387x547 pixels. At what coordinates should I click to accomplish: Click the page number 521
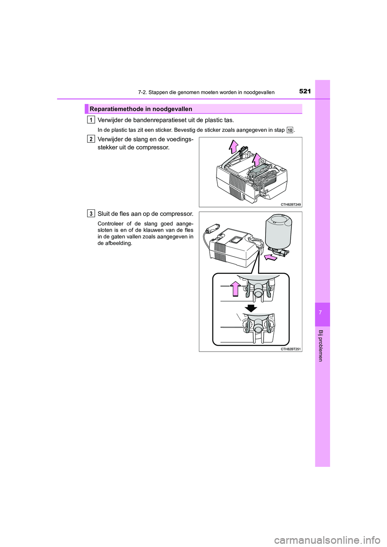click(x=305, y=91)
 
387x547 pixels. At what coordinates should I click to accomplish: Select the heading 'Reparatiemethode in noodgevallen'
click(x=141, y=109)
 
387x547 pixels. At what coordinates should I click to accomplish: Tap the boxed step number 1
click(x=91, y=120)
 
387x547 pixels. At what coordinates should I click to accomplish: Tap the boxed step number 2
click(x=91, y=139)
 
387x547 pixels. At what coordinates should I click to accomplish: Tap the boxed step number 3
click(x=91, y=213)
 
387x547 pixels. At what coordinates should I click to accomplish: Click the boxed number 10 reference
click(x=290, y=130)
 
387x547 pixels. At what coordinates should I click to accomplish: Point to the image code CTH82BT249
click(x=291, y=205)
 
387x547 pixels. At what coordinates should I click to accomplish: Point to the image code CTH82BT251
click(x=291, y=349)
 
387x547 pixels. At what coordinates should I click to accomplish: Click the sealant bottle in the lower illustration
click(x=278, y=232)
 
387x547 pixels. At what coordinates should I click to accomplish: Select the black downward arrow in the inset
click(x=251, y=309)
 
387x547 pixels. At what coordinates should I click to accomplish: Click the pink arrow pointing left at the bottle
click(x=271, y=257)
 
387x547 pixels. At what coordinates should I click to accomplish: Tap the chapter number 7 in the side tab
click(x=322, y=313)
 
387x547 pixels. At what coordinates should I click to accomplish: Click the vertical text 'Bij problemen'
click(x=321, y=346)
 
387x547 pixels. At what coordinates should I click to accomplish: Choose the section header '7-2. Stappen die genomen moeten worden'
click(x=206, y=93)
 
